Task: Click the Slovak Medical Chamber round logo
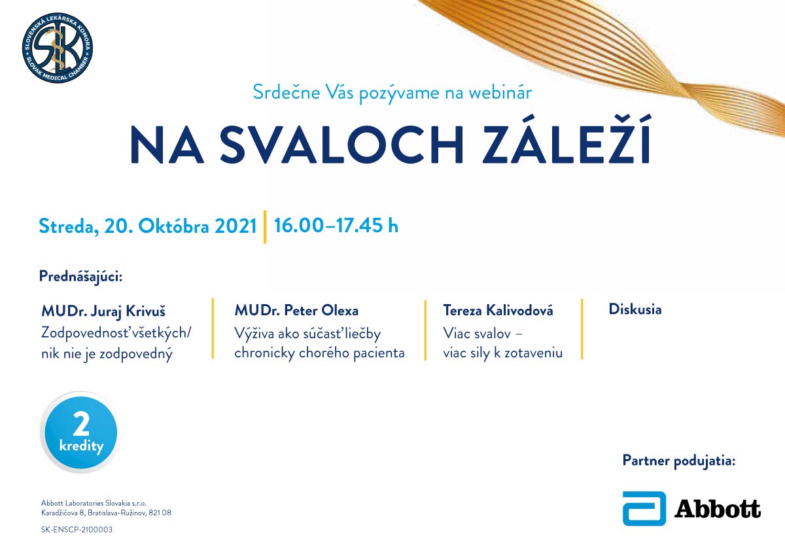click(x=58, y=48)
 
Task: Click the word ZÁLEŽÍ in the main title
click(x=567, y=140)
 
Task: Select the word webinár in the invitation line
click(x=500, y=92)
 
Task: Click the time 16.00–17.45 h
click(x=336, y=225)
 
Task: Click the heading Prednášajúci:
click(x=81, y=277)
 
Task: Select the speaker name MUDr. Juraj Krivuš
click(x=103, y=311)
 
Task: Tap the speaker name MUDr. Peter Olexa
click(x=296, y=310)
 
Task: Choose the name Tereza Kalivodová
click(x=498, y=310)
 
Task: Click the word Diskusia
click(x=635, y=309)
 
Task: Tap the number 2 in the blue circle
click(x=81, y=424)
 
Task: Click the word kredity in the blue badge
click(x=81, y=446)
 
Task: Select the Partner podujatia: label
click(x=679, y=460)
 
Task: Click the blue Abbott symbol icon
click(x=644, y=509)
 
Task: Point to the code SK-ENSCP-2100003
click(x=77, y=529)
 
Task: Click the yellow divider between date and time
click(x=265, y=227)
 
